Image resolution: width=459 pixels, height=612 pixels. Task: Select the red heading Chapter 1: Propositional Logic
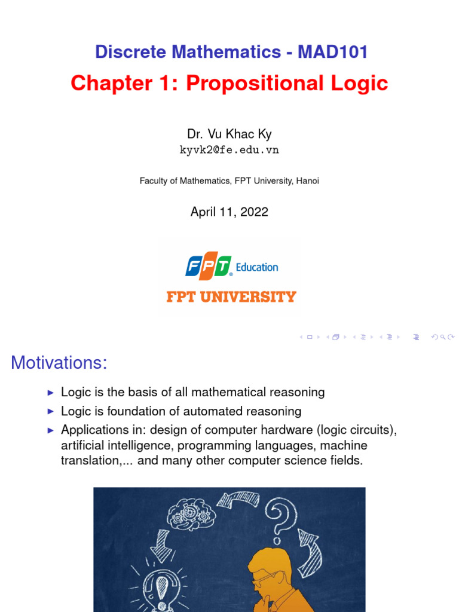tap(229, 83)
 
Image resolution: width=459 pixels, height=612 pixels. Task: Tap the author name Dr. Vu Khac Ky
tap(229, 134)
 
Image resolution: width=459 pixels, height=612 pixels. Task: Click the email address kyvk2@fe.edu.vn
tap(229, 150)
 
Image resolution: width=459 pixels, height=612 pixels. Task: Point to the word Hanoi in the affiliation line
tap(307, 180)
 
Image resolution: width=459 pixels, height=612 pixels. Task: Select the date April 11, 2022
tap(229, 212)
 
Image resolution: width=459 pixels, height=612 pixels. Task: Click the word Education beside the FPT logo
tap(257, 267)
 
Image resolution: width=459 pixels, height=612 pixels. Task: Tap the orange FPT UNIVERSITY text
tap(231, 296)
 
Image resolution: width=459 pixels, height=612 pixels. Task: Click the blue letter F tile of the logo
tap(194, 267)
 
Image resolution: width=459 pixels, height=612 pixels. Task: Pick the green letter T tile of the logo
tap(222, 267)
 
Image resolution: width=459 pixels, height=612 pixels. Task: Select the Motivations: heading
tap(59, 362)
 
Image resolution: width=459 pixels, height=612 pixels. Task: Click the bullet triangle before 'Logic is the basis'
tap(50, 393)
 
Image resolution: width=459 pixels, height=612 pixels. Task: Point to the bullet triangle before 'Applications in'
tap(50, 430)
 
